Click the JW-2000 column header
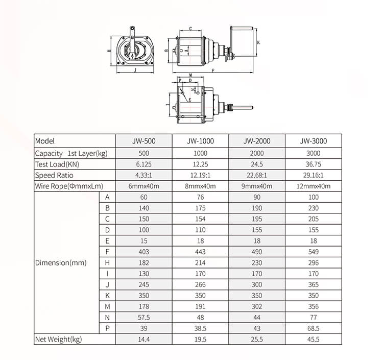[257, 141]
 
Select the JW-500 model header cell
[145, 141]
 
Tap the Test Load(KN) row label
[57, 164]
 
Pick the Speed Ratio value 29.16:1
[313, 175]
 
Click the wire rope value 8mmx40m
[200, 186]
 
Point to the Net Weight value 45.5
[313, 340]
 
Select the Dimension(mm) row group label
[61, 262]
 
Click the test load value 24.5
[257, 164]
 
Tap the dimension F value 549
[313, 252]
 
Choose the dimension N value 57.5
[145, 317]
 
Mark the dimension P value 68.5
[313, 328]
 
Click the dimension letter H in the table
[107, 262]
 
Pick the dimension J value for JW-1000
[200, 284]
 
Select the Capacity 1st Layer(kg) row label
[75, 153]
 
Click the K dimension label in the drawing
[258, 42]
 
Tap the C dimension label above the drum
[190, 29]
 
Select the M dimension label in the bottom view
[190, 75]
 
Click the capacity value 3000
[313, 153]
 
